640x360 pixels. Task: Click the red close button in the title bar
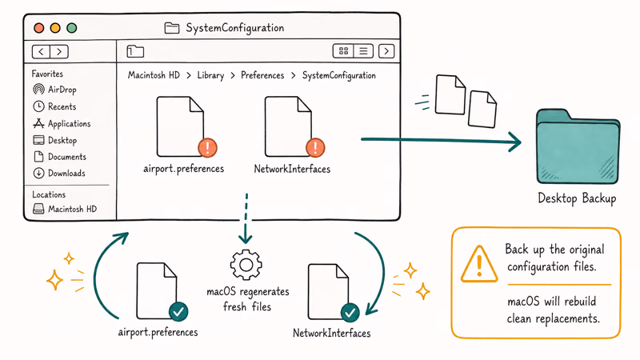[39, 28]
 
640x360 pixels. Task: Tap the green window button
[72, 28]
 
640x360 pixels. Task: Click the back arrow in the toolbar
[42, 51]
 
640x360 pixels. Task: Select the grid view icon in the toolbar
[343, 51]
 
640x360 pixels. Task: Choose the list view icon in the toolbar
[363, 51]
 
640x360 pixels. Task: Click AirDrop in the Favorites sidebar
[54, 90]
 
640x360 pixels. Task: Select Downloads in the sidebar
[59, 173]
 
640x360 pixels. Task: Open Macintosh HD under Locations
[65, 209]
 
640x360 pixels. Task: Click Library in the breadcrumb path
[210, 75]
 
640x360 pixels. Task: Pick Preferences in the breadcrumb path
[262, 75]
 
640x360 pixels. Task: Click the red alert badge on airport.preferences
[207, 147]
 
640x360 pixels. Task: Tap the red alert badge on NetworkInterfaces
[315, 147]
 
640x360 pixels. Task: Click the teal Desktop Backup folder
[578, 146]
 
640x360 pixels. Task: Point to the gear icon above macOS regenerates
[246, 265]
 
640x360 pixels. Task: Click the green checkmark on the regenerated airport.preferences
[178, 312]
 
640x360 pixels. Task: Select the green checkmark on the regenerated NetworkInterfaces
[350, 313]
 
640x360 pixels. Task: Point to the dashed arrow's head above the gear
[246, 238]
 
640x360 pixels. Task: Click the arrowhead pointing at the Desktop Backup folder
[515, 142]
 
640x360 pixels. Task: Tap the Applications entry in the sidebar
[62, 123]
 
